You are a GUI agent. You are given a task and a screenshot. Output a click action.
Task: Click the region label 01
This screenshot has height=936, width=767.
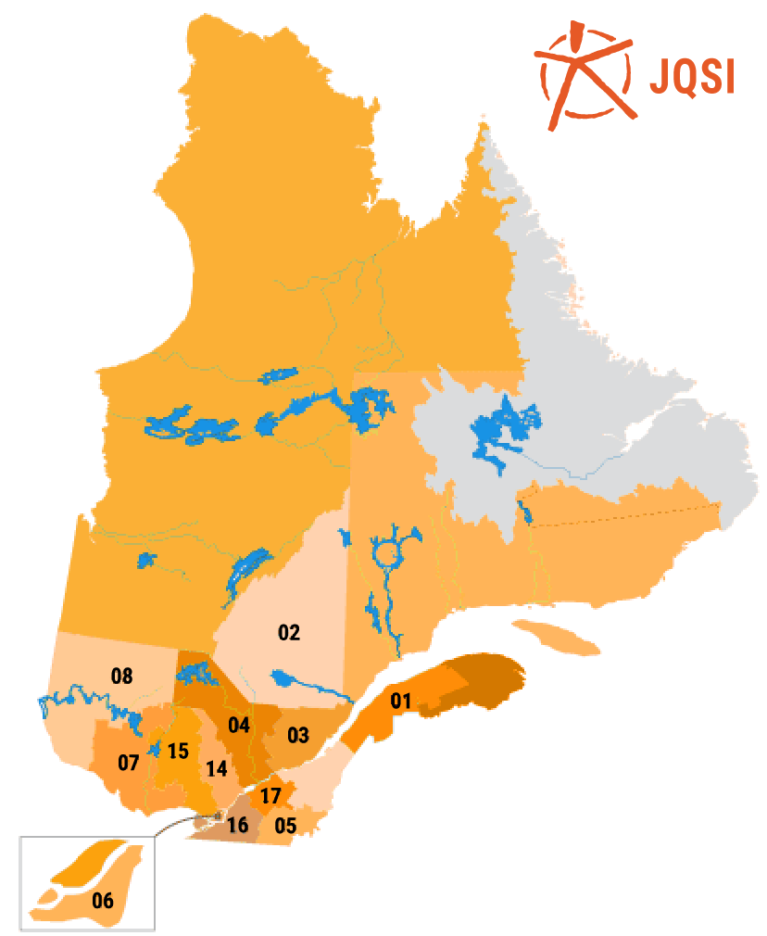pos(399,700)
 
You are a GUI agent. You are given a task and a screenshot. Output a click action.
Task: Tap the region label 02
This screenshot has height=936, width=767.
pos(289,633)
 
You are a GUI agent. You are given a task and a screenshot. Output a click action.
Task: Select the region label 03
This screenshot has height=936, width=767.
pos(297,736)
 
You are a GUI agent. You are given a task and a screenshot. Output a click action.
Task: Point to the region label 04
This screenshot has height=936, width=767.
pos(240,725)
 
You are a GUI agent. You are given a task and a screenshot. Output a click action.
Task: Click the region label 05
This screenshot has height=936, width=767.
pos(285,825)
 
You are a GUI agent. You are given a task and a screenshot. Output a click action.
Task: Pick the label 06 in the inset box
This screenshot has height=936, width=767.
pos(102,899)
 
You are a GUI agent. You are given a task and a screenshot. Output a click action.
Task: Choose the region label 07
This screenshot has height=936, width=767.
pos(128,764)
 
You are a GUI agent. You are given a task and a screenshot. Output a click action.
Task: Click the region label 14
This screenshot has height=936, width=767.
pos(216,768)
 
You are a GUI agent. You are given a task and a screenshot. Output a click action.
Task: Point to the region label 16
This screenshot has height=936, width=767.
pos(238,826)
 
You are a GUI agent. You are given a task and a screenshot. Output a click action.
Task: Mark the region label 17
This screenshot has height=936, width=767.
pos(270,795)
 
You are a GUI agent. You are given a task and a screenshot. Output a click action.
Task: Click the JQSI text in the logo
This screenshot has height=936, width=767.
pos(691,76)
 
